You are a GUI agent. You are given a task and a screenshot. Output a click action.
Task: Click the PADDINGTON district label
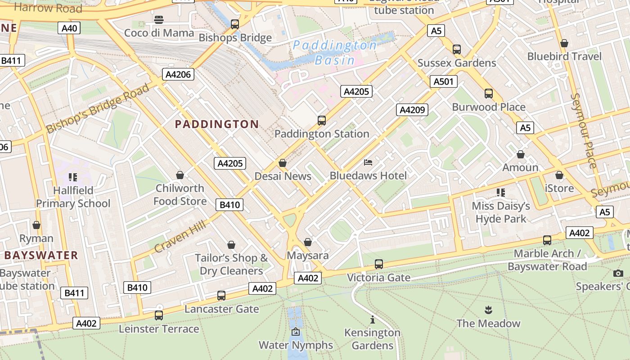pyautogui.click(x=217, y=124)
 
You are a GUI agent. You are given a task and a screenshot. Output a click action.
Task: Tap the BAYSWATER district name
pyautogui.click(x=41, y=256)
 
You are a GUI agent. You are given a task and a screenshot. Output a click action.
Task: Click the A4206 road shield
pyautogui.click(x=178, y=74)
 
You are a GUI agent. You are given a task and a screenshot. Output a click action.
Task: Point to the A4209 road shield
pyautogui.click(x=412, y=110)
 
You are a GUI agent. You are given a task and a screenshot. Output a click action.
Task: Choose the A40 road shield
pyautogui.click(x=69, y=28)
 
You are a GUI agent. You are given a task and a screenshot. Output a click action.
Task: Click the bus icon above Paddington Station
pyautogui.click(x=322, y=121)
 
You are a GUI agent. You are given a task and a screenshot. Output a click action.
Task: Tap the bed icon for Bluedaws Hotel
pyautogui.click(x=368, y=162)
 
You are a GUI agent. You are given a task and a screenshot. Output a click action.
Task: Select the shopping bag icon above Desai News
pyautogui.click(x=283, y=163)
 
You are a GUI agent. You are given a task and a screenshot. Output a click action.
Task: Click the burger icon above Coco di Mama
pyautogui.click(x=158, y=20)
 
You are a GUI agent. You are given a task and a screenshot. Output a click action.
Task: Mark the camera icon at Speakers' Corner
pyautogui.click(x=618, y=273)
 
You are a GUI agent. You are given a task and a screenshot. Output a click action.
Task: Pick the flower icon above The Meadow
pyautogui.click(x=488, y=310)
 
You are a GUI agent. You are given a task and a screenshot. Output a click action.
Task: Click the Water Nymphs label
pyautogui.click(x=296, y=345)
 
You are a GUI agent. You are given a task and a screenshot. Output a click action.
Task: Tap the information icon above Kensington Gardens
pyautogui.click(x=372, y=320)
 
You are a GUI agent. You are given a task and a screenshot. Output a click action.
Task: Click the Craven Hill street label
pyautogui.click(x=180, y=237)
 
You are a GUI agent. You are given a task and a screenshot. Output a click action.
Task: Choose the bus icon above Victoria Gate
pyautogui.click(x=379, y=264)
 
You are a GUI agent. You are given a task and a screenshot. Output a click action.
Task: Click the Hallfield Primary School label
pyautogui.click(x=73, y=197)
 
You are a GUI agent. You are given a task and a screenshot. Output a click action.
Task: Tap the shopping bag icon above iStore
pyautogui.click(x=559, y=175)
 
